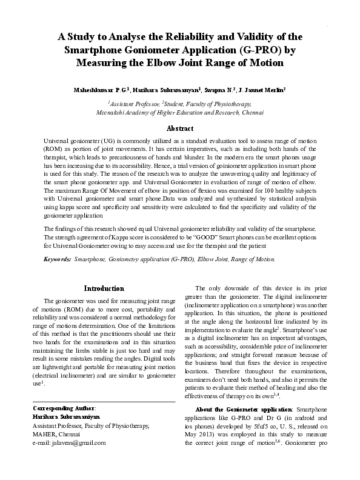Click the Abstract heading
[179, 128]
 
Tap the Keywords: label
[58, 276]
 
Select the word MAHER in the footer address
[44, 434]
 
